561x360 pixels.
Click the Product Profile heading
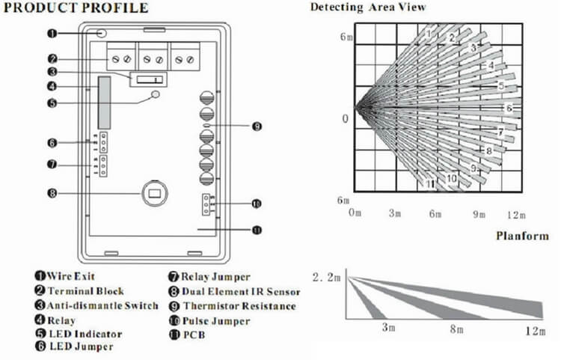76,8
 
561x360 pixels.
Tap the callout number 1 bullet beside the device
52,34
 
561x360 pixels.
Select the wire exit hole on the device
102,34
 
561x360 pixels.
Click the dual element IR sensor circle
155,193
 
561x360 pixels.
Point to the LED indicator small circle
156,95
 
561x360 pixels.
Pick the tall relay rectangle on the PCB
103,102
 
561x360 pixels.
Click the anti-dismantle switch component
147,79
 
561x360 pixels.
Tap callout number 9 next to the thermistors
257,127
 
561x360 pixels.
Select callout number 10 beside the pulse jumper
257,204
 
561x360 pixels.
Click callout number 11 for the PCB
257,231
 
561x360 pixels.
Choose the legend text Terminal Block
85,291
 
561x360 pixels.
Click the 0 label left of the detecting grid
345,119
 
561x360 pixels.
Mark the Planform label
522,236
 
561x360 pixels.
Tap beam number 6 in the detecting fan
509,109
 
